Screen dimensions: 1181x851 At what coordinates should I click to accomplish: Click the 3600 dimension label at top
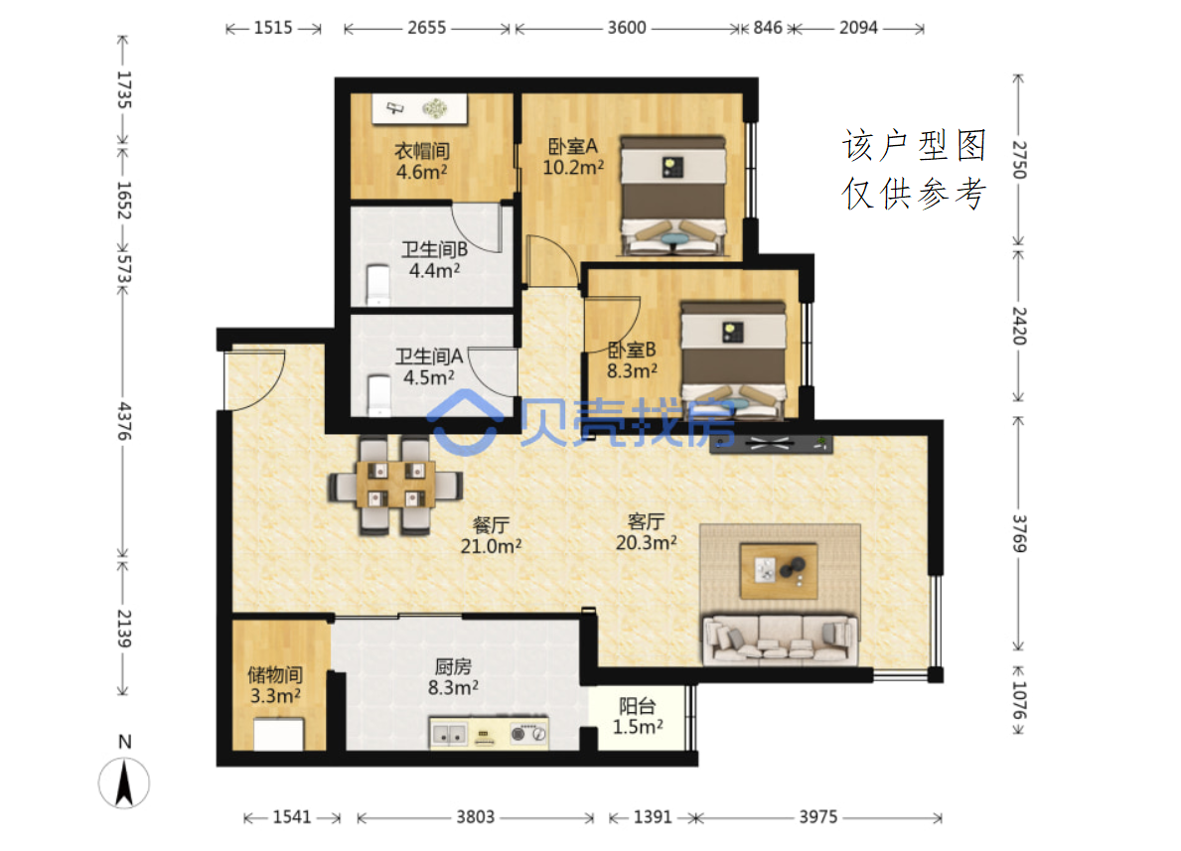(627, 28)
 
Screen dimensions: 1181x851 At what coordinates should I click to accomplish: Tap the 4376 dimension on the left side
(124, 421)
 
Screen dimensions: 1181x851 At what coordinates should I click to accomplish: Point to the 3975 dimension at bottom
(818, 817)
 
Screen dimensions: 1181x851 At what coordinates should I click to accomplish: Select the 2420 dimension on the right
(1018, 326)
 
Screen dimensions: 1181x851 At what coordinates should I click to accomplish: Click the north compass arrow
(124, 782)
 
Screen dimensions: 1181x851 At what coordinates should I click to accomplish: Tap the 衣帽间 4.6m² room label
(422, 161)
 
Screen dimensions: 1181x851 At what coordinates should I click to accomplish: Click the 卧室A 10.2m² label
(572, 157)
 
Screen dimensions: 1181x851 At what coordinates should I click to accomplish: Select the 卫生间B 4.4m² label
(435, 260)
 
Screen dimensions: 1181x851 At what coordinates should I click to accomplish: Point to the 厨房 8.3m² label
(453, 677)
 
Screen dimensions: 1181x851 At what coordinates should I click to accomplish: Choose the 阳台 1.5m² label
(638, 716)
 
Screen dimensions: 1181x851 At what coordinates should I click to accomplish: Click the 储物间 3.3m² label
(275, 685)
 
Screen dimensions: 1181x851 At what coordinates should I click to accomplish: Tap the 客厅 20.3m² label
(647, 532)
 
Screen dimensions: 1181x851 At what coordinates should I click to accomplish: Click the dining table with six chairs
(395, 486)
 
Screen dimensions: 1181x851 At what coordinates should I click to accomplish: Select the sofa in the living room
(780, 639)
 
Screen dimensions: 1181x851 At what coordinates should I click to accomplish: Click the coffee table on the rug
(779, 571)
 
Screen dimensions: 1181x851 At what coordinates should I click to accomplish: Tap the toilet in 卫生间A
(378, 394)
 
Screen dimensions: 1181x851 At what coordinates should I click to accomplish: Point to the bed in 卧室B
(733, 360)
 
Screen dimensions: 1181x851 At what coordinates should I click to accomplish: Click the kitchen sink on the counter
(448, 734)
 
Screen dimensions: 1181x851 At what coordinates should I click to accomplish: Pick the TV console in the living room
(771, 444)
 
